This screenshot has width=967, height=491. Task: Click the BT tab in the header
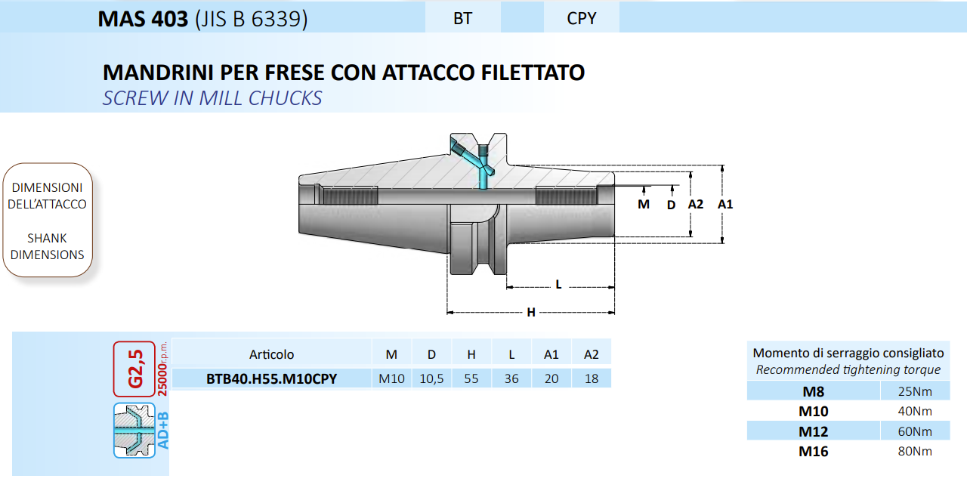[463, 18]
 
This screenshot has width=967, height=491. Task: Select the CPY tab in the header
[582, 18]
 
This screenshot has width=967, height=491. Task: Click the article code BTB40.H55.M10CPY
[271, 378]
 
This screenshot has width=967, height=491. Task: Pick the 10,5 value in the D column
[431, 378]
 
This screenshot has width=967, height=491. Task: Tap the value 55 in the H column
[471, 378]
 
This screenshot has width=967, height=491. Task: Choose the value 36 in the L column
[511, 378]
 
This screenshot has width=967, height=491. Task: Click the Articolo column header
[271, 354]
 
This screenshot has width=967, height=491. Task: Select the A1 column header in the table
[551, 354]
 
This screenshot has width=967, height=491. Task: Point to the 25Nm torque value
[915, 391]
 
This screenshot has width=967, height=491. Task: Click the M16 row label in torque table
[814, 451]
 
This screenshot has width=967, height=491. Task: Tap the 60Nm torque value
[915, 431]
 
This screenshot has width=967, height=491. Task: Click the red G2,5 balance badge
[134, 369]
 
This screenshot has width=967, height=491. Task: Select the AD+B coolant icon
[134, 430]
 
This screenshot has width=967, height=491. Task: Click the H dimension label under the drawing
[531, 312]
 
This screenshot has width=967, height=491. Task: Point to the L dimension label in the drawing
[558, 284]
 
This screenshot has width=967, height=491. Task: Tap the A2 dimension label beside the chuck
[696, 204]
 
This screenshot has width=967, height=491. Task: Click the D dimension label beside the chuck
[671, 205]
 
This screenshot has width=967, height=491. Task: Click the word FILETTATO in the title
[533, 73]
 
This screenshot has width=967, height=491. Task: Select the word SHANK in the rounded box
[47, 238]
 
